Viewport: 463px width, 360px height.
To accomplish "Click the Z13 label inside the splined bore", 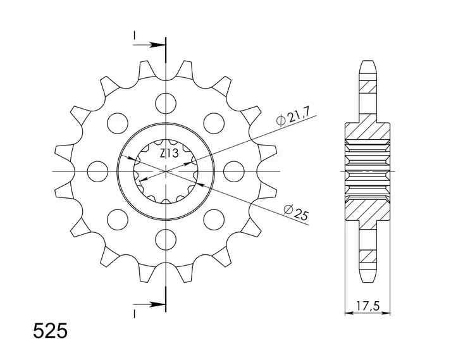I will [168, 154].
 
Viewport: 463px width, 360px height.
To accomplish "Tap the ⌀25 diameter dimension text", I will [296, 213].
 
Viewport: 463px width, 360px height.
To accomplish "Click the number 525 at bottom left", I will [49, 332].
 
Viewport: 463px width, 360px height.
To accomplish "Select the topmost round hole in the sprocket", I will [165, 101].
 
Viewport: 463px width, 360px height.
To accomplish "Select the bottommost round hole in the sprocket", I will [165, 239].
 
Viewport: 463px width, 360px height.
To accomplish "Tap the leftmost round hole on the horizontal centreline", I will [96, 170].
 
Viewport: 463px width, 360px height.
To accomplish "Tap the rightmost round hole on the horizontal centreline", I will [234, 170].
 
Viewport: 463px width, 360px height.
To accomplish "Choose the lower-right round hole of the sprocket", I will [214, 219].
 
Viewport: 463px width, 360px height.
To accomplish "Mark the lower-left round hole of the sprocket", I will [116, 219].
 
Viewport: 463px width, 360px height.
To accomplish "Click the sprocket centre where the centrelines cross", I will [165, 171].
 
